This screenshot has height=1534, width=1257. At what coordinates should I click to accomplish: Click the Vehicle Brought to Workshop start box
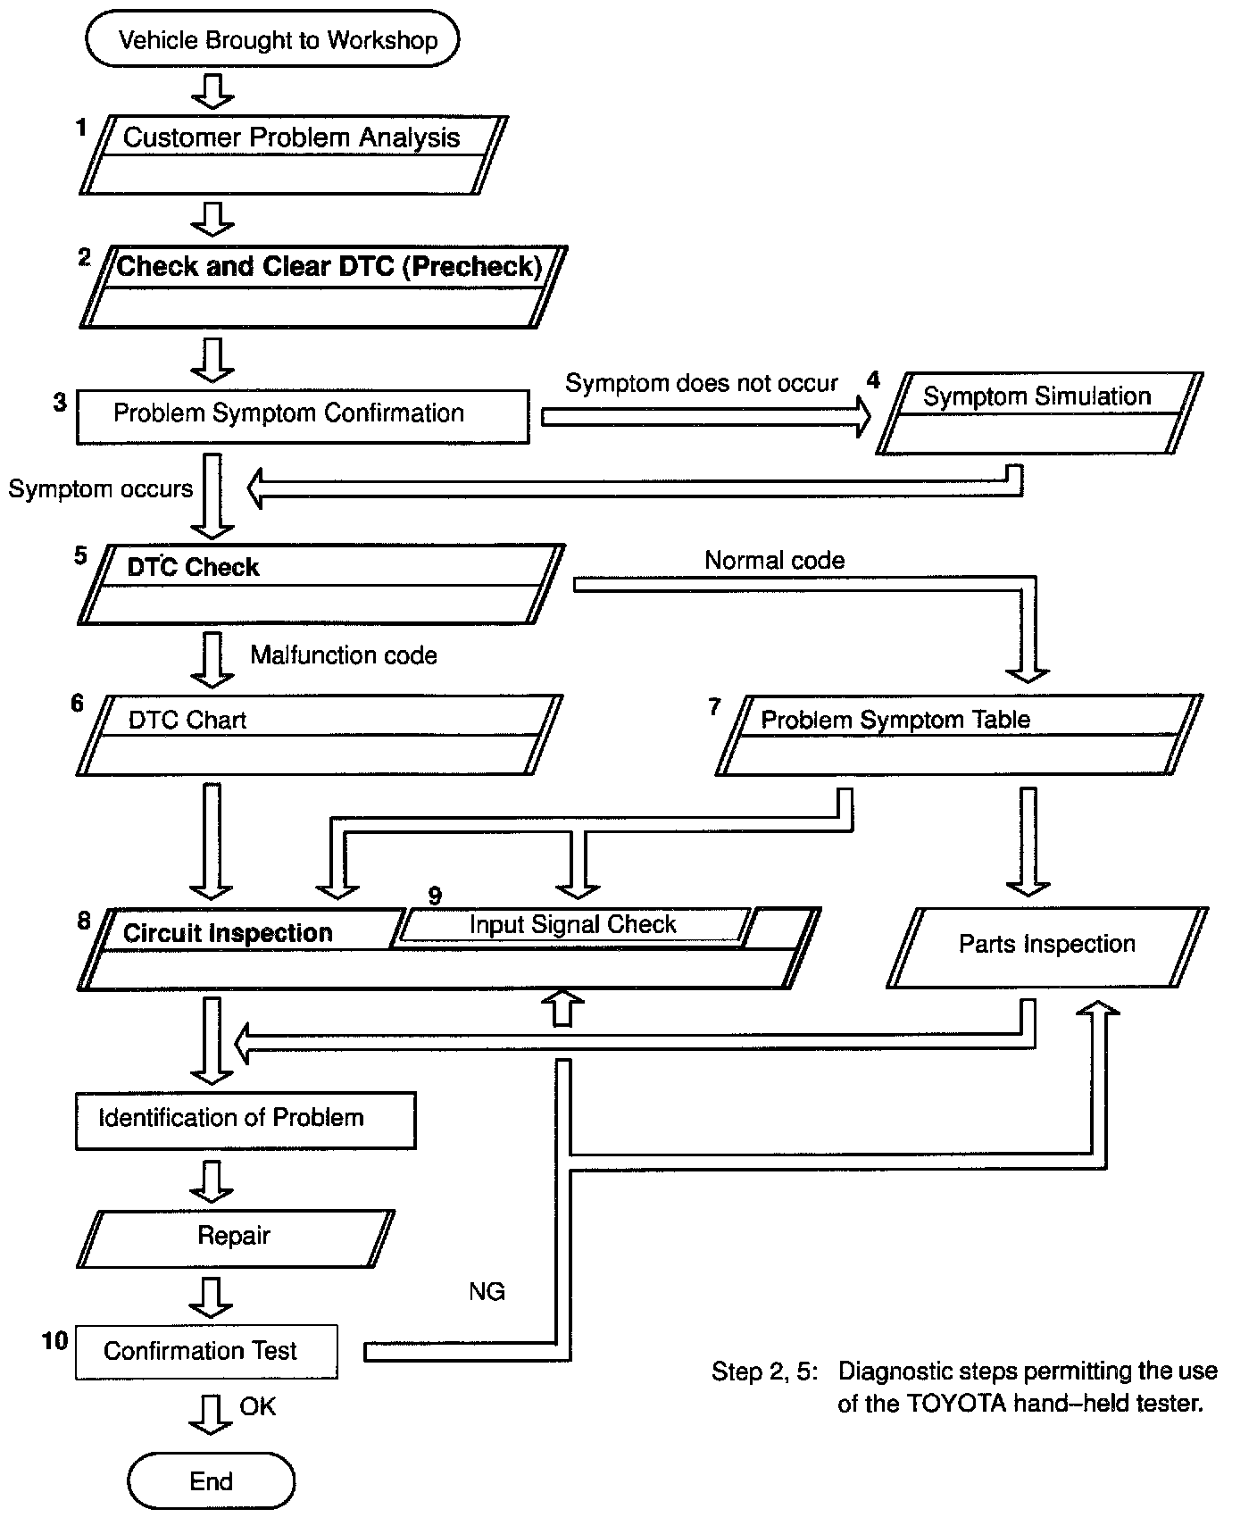272,39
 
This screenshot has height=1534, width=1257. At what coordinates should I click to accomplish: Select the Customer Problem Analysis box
292,154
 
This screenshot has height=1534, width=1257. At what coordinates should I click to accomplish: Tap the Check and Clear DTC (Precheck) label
329,266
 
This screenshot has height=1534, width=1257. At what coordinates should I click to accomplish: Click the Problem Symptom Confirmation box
302,415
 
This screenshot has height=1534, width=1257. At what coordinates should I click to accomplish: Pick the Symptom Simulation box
1038,413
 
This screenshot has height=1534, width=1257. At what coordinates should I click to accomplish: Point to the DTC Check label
193,567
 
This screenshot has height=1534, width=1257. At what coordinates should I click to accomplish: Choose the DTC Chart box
318,735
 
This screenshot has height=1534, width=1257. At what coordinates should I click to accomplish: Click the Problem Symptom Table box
958,735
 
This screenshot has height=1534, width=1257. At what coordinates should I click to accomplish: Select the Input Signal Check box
572,924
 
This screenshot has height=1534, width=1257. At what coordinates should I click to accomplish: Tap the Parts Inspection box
1046,946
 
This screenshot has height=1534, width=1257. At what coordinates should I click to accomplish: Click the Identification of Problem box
245,1120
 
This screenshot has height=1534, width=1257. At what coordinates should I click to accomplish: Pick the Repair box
235,1238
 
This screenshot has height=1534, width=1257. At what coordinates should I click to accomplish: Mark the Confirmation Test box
206,1351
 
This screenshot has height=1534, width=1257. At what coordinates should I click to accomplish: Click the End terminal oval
211,1481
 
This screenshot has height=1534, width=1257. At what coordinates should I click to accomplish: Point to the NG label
487,1291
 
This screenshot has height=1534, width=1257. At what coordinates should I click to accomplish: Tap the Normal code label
774,561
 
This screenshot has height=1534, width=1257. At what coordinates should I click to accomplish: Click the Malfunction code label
344,655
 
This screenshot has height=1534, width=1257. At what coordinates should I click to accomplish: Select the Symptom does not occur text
701,384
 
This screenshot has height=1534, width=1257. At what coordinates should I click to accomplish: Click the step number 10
54,1341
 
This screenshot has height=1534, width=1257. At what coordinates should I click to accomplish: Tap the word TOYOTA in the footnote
945,1404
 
